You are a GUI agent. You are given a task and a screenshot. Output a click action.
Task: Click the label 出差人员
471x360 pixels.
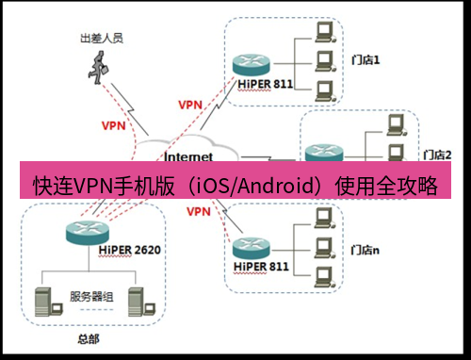click(x=99, y=41)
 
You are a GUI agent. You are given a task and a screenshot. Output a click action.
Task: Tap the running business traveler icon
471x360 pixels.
click(x=97, y=65)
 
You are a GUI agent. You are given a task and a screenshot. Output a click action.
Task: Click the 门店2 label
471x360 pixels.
click(x=438, y=154)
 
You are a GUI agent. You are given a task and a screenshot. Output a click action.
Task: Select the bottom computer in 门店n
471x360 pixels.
click(x=325, y=276)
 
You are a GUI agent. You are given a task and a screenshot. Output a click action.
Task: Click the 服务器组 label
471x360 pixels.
click(x=91, y=296)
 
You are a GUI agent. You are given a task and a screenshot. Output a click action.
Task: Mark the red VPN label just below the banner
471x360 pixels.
click(x=198, y=211)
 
